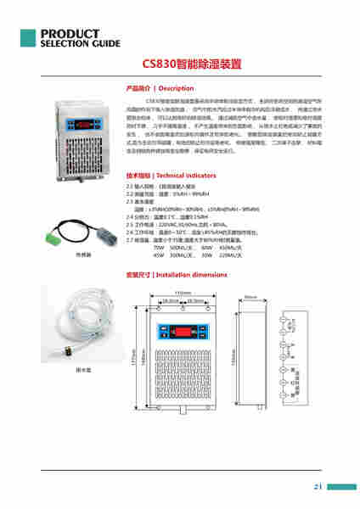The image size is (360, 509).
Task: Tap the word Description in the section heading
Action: (x=177, y=88)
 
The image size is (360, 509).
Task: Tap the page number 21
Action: (x=317, y=487)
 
